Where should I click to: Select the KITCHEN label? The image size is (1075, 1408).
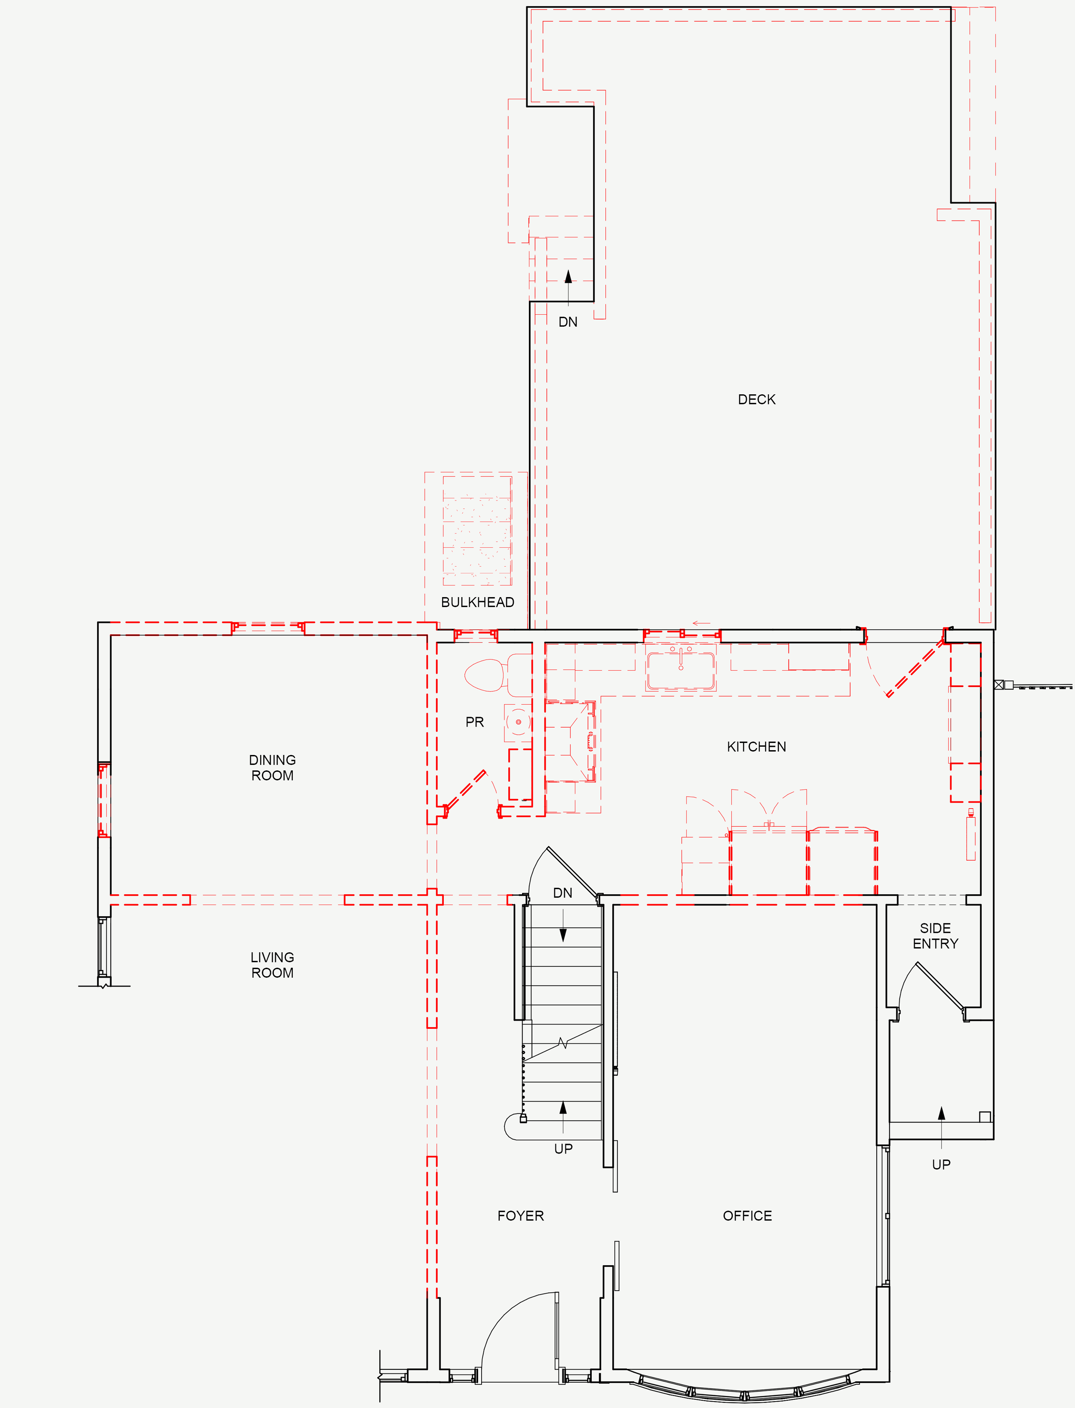(x=756, y=746)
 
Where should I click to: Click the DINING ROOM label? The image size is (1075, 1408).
(x=273, y=768)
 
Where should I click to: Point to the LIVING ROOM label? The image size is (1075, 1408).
(x=273, y=965)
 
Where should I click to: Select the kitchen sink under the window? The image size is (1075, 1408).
(x=681, y=670)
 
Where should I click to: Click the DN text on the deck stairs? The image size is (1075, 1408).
(x=568, y=322)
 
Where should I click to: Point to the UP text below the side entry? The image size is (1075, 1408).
(x=941, y=1164)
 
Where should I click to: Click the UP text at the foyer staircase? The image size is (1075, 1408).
(x=563, y=1148)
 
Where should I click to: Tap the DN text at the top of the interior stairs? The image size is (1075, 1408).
(x=563, y=893)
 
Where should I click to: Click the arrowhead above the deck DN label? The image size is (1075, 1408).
(x=568, y=276)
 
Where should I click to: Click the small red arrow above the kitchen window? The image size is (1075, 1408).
(x=701, y=623)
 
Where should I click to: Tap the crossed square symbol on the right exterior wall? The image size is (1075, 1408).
(x=999, y=684)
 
